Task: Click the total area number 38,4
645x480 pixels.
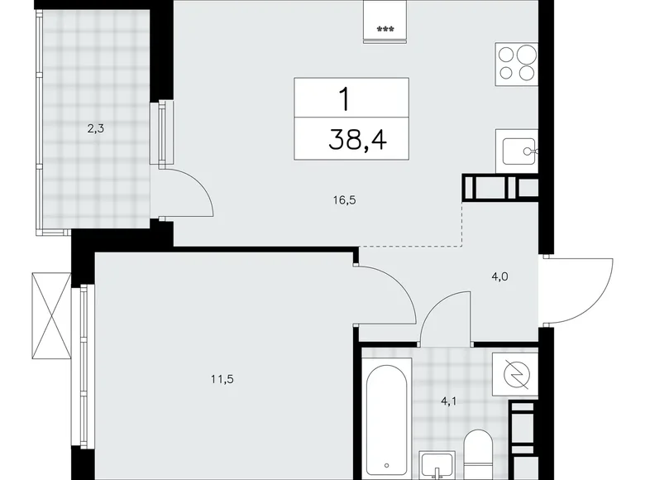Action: pyautogui.click(x=351, y=141)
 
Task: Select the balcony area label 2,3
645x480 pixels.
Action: pyautogui.click(x=96, y=128)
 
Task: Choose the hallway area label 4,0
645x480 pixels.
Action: pyautogui.click(x=499, y=278)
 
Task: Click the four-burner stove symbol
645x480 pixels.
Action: pyautogui.click(x=517, y=63)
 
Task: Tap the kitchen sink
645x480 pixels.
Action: pyautogui.click(x=518, y=151)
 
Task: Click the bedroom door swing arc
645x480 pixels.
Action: pyautogui.click(x=389, y=294)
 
